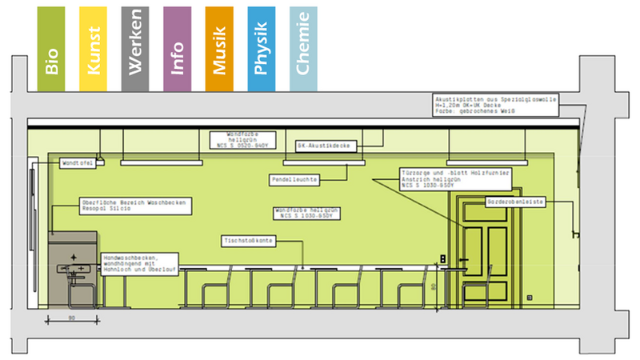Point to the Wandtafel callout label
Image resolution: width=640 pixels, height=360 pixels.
pyautogui.click(x=78, y=163)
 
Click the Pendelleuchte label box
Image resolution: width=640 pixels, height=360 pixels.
pyautogui.click(x=294, y=180)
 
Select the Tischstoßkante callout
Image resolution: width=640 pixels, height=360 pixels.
pyautogui.click(x=249, y=240)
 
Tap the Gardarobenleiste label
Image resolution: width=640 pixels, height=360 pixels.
pyautogui.click(x=515, y=202)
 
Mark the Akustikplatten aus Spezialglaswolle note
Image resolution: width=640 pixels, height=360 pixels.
pyautogui.click(x=496, y=104)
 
